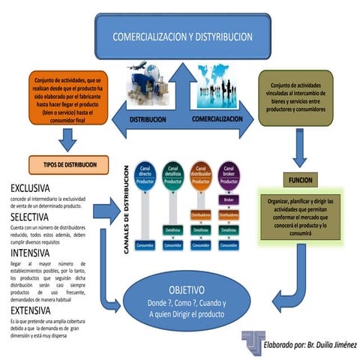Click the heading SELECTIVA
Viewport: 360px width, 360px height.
click(x=32, y=216)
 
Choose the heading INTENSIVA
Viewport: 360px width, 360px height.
click(x=32, y=253)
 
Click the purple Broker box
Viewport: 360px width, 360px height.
click(x=227, y=199)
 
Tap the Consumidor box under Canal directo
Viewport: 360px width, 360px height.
click(x=146, y=244)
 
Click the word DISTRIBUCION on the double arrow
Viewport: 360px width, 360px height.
click(x=150, y=119)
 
